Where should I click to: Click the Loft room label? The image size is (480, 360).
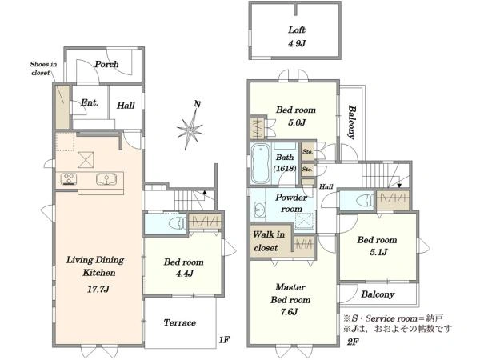pyautogui.click(x=297, y=30)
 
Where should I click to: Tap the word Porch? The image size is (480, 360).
pyautogui.click(x=106, y=64)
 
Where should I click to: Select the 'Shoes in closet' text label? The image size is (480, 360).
pyautogui.click(x=43, y=69)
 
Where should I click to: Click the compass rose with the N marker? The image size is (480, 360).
pyautogui.click(x=190, y=127)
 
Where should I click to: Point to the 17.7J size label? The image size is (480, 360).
pyautogui.click(x=98, y=289)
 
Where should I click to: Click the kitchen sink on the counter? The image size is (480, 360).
pyautogui.click(x=106, y=179)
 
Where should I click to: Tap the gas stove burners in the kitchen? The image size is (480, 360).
pyautogui.click(x=69, y=179)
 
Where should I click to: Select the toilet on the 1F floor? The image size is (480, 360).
pyautogui.click(x=178, y=222)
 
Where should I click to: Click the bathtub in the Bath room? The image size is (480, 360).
pyautogui.click(x=261, y=164)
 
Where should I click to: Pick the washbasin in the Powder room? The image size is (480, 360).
pyautogui.click(x=260, y=210)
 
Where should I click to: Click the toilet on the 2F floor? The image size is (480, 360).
pyautogui.click(x=365, y=201)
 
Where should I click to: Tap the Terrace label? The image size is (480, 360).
pyautogui.click(x=180, y=322)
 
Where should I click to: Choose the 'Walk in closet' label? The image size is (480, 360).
pyautogui.click(x=269, y=242)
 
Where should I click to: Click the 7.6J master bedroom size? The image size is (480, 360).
pyautogui.click(x=289, y=312)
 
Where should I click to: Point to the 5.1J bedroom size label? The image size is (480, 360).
pyautogui.click(x=378, y=252)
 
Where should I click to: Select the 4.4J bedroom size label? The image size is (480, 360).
pyautogui.click(x=185, y=274)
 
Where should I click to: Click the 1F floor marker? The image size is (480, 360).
pyautogui.click(x=224, y=339)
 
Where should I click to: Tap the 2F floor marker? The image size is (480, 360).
pyautogui.click(x=353, y=342)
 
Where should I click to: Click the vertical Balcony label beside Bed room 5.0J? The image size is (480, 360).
pyautogui.click(x=352, y=122)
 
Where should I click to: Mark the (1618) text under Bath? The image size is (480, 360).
pyautogui.click(x=285, y=169)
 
